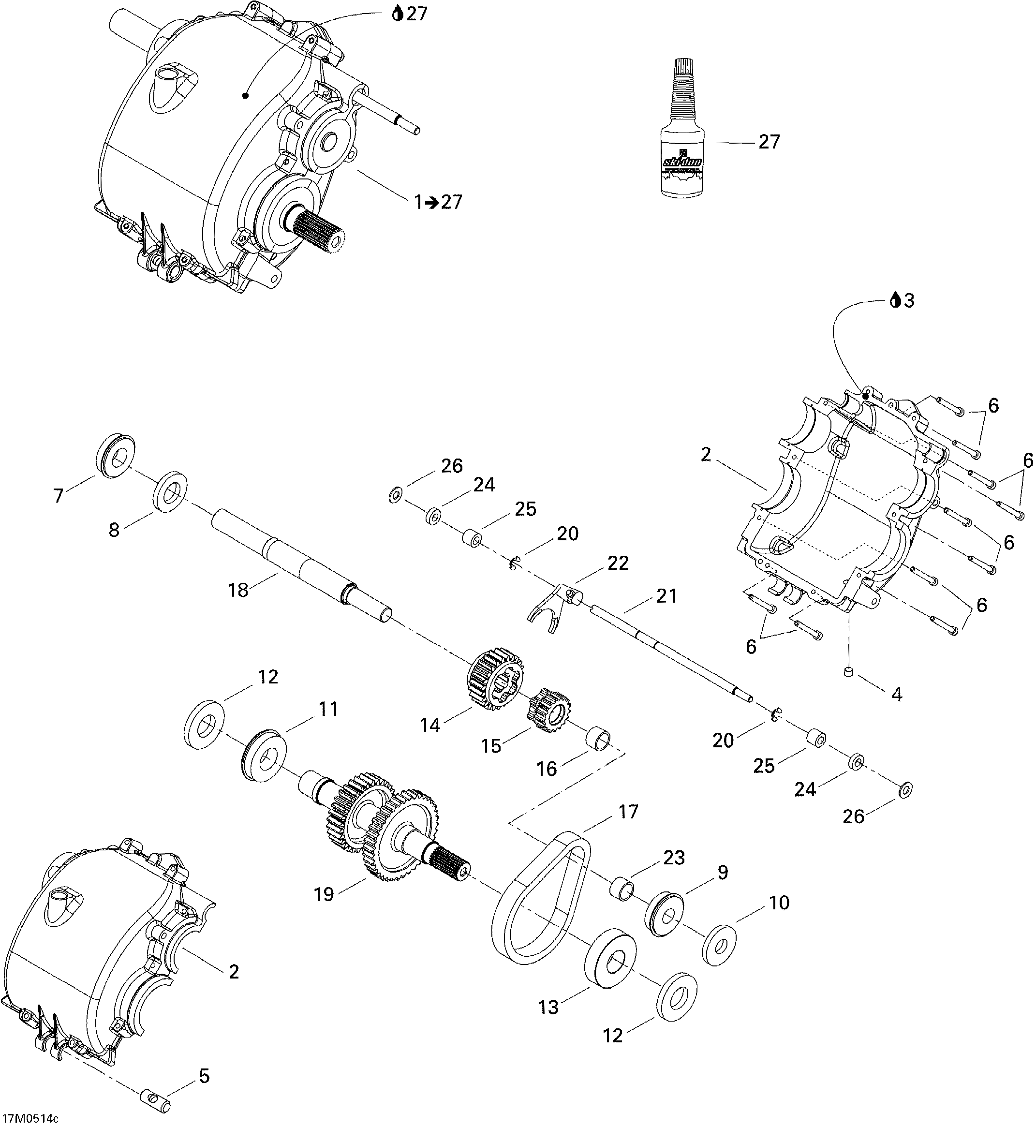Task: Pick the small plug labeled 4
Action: (x=849, y=672)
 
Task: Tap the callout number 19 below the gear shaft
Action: (x=324, y=894)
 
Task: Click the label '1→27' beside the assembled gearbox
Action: (x=438, y=201)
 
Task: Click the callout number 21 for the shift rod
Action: (x=667, y=595)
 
